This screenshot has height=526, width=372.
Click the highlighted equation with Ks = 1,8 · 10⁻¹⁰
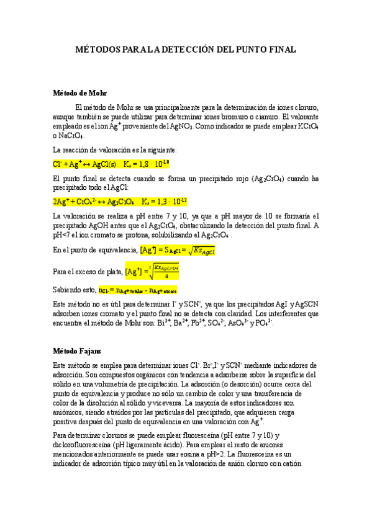point(111,164)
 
